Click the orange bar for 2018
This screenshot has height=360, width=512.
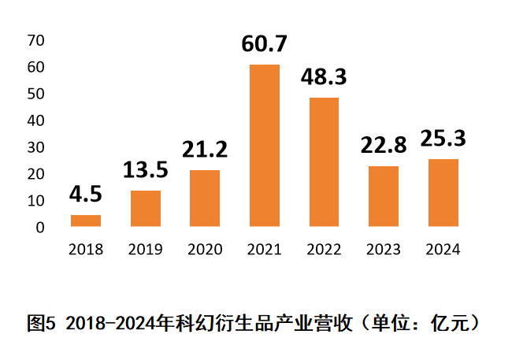click(x=86, y=221)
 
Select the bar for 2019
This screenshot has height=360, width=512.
click(x=146, y=209)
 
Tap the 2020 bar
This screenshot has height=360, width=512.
click(x=205, y=199)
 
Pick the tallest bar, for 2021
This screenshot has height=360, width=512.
click(x=265, y=146)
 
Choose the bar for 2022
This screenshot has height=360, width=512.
click(x=324, y=162)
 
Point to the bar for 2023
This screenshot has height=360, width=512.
click(x=384, y=196)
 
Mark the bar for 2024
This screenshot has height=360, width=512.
click(x=443, y=193)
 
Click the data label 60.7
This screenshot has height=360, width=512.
click(x=265, y=46)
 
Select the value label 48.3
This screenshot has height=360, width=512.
click(x=324, y=78)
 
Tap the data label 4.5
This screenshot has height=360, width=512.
click(x=86, y=195)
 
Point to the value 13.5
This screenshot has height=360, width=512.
click(x=146, y=170)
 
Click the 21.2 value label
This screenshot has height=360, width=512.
click(x=205, y=150)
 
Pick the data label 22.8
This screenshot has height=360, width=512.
click(x=384, y=146)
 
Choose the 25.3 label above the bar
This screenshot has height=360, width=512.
click(x=443, y=139)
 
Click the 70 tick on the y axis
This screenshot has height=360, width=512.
click(x=36, y=40)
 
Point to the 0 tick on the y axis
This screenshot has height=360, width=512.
click(x=39, y=228)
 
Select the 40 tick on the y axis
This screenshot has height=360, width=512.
click(x=36, y=121)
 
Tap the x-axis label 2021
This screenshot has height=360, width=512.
click(x=265, y=250)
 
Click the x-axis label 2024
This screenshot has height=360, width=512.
click(x=443, y=250)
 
